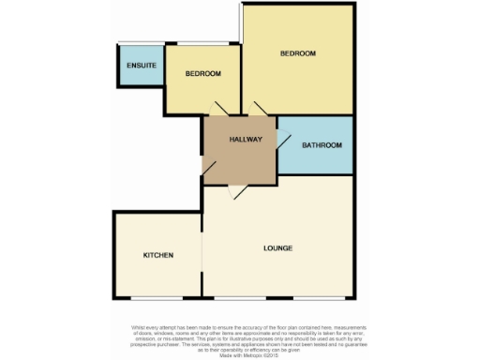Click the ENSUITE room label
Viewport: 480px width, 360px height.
point(142,66)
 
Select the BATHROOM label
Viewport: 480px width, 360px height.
point(322,145)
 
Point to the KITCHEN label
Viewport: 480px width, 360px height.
point(157,255)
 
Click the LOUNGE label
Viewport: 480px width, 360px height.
point(278,248)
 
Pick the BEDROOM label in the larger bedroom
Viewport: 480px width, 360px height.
point(297,53)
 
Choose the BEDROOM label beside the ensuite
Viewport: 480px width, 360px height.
point(202,74)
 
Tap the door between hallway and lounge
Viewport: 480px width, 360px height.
point(239,189)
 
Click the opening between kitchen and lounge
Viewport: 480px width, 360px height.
point(202,253)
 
